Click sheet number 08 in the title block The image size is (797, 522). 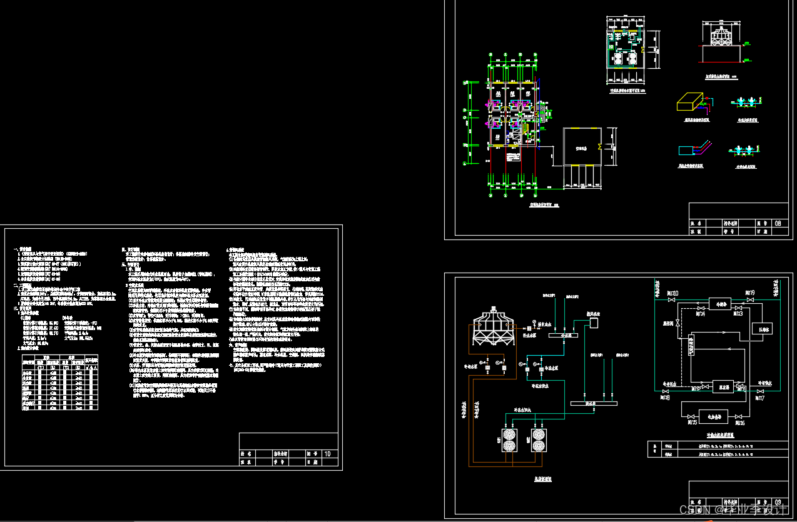click(x=778, y=223)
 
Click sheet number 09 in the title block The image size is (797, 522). click(x=778, y=501)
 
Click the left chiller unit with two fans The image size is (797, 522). click(x=509, y=439)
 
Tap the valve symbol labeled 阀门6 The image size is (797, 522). click(x=739, y=416)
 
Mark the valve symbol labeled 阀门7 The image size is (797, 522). click(x=759, y=392)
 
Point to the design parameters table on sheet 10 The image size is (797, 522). click(x=60, y=383)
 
